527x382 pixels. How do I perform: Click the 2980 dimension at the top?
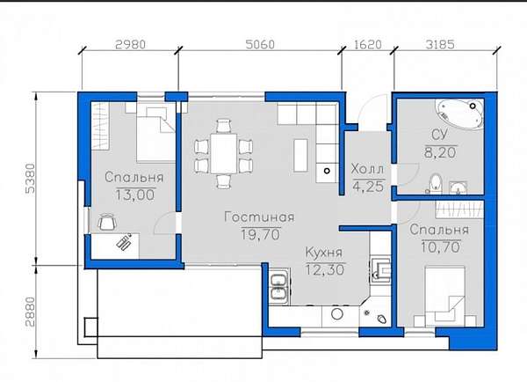(x=130, y=45)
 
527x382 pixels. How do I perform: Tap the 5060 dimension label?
(x=260, y=45)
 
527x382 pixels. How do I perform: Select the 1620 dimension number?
(x=368, y=45)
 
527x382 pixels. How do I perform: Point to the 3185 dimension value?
(x=440, y=45)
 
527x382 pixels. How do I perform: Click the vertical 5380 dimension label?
(x=30, y=178)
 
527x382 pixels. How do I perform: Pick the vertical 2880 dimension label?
(x=30, y=312)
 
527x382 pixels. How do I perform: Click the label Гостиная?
(x=259, y=217)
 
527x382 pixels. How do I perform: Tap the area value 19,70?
(x=261, y=234)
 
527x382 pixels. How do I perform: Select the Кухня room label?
(x=324, y=253)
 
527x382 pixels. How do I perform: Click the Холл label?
(x=367, y=169)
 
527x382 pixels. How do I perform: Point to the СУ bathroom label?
(x=440, y=135)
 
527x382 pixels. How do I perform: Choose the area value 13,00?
(x=135, y=195)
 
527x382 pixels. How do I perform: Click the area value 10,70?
(x=440, y=247)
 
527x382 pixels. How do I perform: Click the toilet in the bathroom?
(x=436, y=183)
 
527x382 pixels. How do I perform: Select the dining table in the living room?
(x=223, y=153)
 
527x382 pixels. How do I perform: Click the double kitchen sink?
(x=279, y=287)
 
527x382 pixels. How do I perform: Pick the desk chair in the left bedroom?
(x=107, y=222)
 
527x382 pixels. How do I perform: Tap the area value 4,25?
(x=368, y=187)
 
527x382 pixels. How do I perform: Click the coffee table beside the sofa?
(x=300, y=155)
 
